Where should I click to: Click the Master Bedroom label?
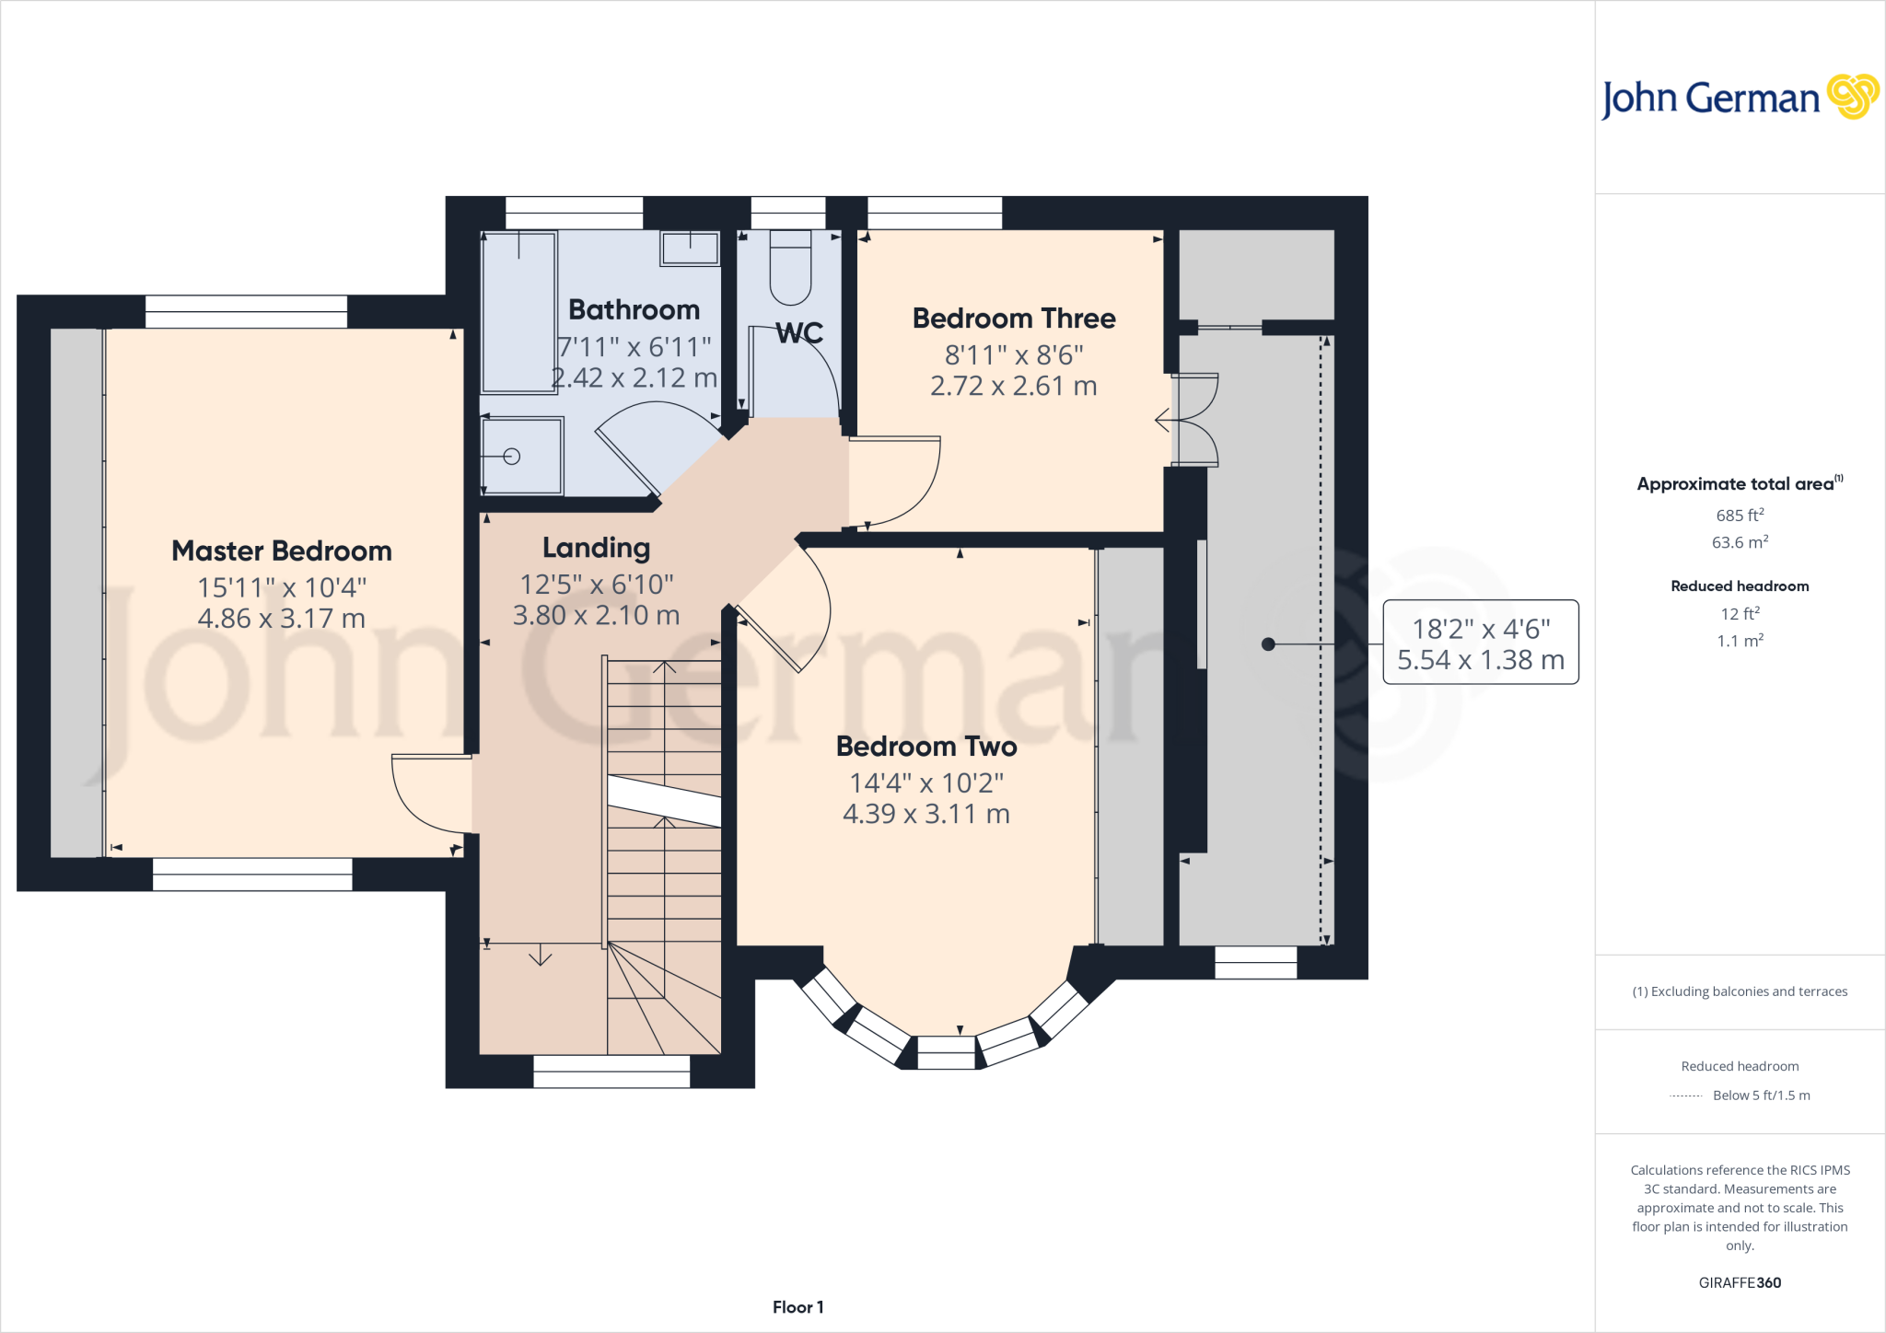(282, 551)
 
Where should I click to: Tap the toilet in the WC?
(790, 269)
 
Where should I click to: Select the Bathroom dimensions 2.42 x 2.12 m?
(634, 378)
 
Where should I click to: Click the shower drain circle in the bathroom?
(512, 457)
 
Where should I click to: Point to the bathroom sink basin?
(690, 249)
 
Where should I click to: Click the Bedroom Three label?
(1014, 319)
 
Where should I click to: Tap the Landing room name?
(596, 548)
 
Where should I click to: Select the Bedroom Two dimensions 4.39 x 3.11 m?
(926, 814)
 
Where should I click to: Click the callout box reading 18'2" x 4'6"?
(1481, 643)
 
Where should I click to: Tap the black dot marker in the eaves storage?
(1268, 644)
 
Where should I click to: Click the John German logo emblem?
(1852, 97)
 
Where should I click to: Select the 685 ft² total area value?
(1740, 516)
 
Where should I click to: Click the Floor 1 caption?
(797, 1307)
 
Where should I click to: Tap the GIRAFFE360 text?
(1740, 1282)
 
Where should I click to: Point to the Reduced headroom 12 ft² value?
(1740, 614)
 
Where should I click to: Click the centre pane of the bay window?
(946, 1052)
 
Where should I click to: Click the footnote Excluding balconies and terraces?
(1740, 991)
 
